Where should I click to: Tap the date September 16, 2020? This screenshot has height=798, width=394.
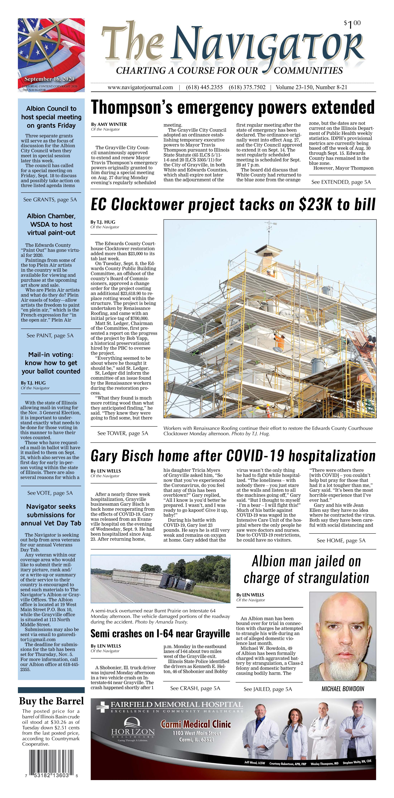pyautogui.click(x=49, y=79)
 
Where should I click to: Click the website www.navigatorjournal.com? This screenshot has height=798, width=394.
pyautogui.click(x=140, y=87)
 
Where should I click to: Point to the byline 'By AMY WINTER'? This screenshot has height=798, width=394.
pyautogui.click(x=109, y=124)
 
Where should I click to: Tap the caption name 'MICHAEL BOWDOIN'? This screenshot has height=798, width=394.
pyautogui.click(x=343, y=689)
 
